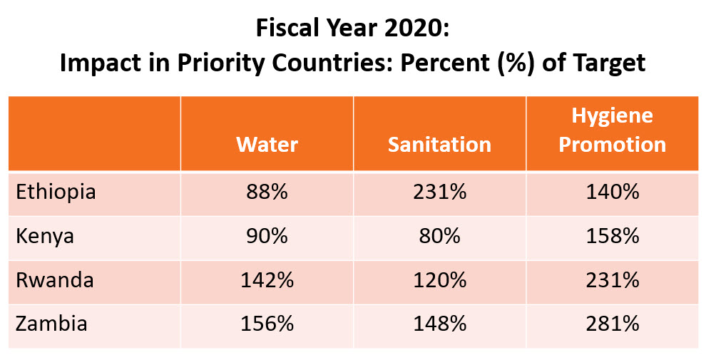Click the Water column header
[x=267, y=145]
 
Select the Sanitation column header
[x=439, y=145]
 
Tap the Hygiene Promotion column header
[x=612, y=130]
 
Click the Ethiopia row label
[x=56, y=192]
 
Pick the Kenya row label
[x=45, y=236]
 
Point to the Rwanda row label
[x=55, y=280]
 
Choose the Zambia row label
[x=51, y=324]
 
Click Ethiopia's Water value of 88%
[x=267, y=192]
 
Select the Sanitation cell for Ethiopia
[x=439, y=192]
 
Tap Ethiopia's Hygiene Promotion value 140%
[x=612, y=192]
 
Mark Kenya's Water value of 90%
[x=267, y=236]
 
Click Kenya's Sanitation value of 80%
[x=439, y=236]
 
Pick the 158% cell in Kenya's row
[x=612, y=236]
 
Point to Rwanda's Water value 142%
[x=267, y=280]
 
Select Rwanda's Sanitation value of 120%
[x=439, y=280]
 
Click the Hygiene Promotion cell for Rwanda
[x=612, y=280]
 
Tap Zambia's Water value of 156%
[x=267, y=324]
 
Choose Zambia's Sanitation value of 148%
[x=439, y=324]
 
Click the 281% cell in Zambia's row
[x=612, y=324]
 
